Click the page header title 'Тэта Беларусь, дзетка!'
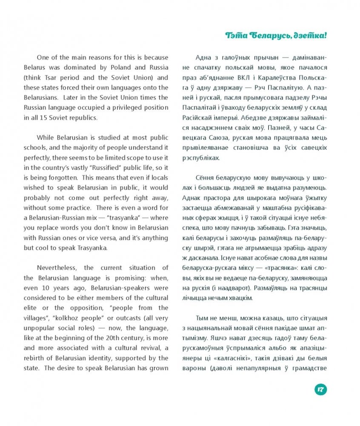(276, 36)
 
